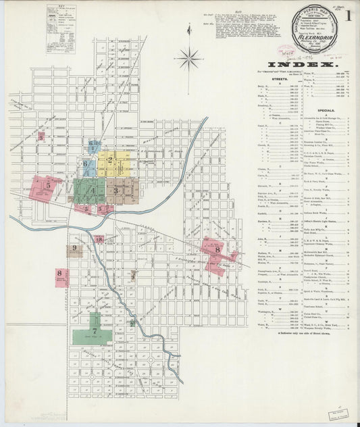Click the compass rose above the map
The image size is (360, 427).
(190, 60)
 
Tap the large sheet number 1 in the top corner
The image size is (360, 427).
(350, 14)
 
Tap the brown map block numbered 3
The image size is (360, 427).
(120, 190)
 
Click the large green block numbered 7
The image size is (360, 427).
(95, 330)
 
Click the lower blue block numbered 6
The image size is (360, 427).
(86, 164)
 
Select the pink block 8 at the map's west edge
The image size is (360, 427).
(61, 276)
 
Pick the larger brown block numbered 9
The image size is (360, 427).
(72, 250)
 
